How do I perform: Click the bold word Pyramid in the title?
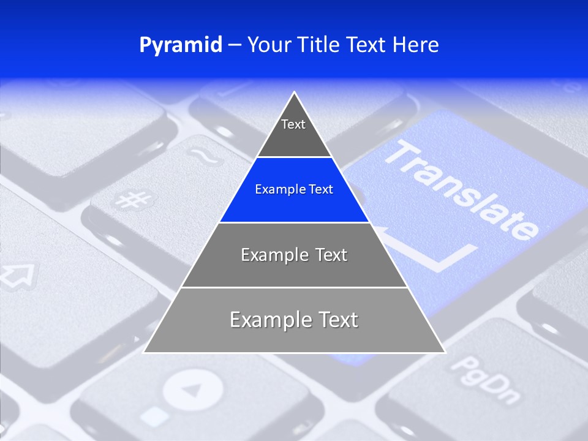[x=181, y=45]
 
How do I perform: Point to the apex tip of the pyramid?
[x=295, y=93]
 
